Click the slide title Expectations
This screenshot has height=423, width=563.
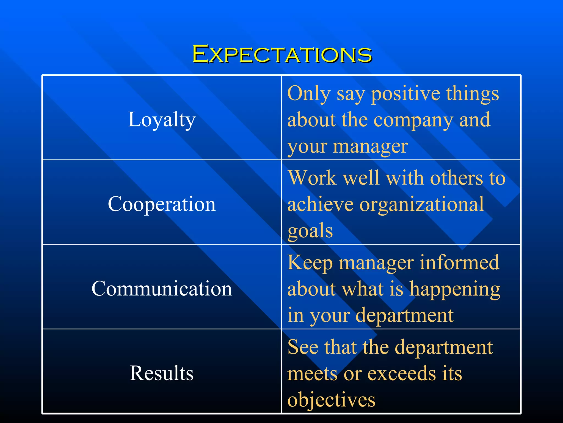(x=282, y=54)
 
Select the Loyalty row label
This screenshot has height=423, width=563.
(x=162, y=120)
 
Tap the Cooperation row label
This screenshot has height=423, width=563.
(x=162, y=204)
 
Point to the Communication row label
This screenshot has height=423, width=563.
(x=162, y=289)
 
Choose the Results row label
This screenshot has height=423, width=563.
(x=162, y=373)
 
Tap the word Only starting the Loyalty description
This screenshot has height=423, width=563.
(x=309, y=94)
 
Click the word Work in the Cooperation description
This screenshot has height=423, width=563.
(x=312, y=178)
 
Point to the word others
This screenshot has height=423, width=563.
(x=456, y=178)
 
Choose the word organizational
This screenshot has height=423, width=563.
(x=421, y=205)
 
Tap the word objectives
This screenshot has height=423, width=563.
(x=331, y=400)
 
